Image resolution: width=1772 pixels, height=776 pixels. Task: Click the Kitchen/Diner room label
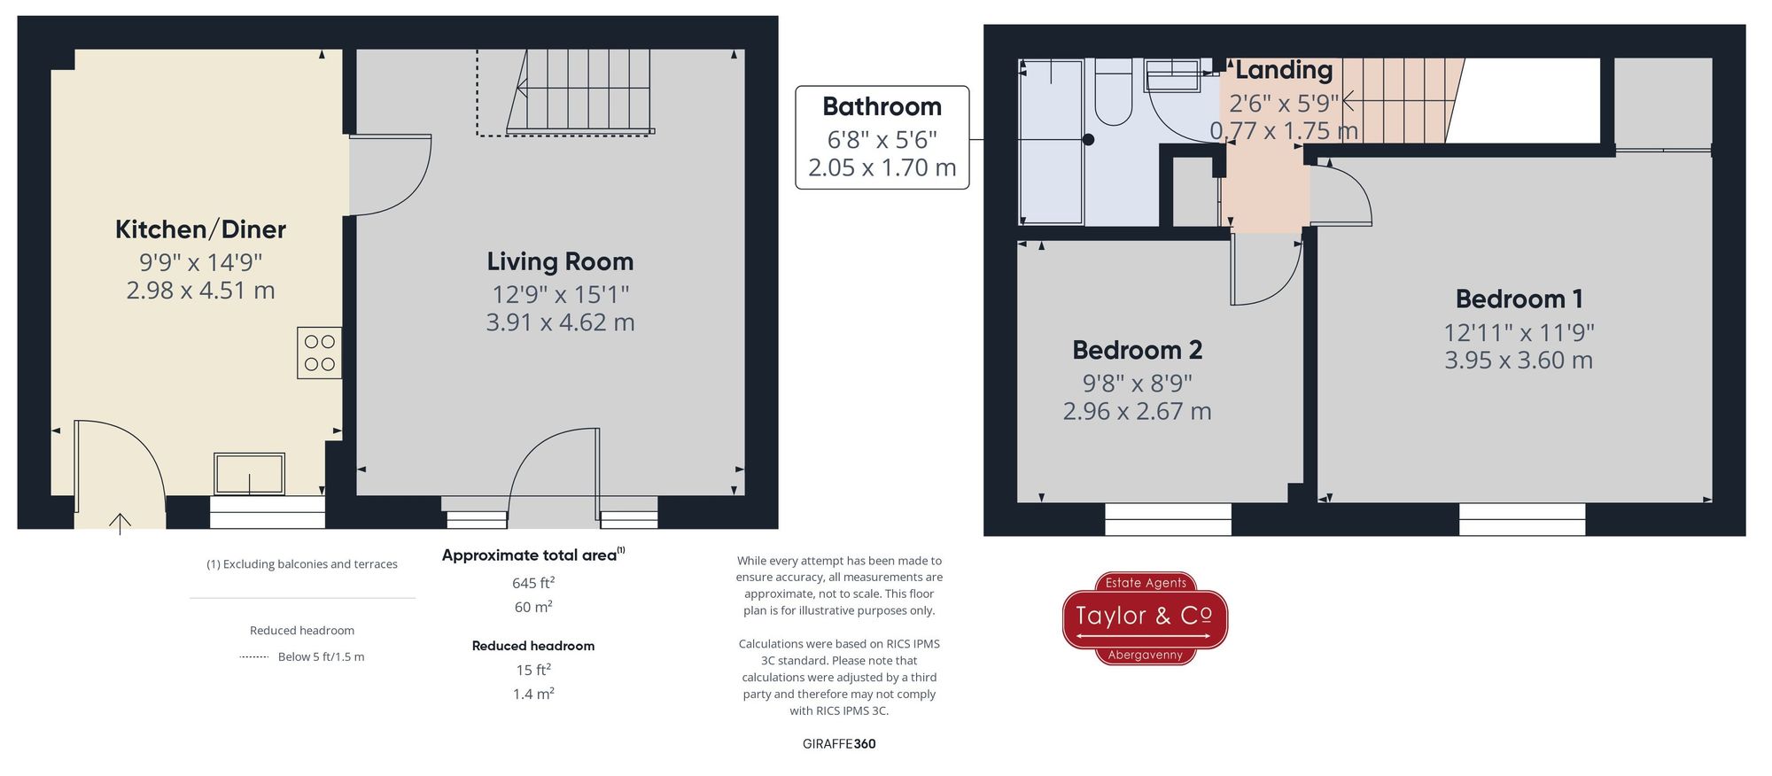(200, 229)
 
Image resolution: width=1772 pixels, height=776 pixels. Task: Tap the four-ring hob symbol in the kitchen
(319, 353)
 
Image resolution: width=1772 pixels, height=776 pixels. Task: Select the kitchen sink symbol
(249, 473)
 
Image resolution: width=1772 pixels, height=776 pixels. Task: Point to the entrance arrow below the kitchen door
(120, 523)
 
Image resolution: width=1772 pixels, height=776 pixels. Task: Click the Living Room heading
(560, 261)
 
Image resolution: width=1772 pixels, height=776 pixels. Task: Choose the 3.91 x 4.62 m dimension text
(560, 322)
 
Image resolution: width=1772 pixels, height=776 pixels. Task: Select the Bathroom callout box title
(882, 106)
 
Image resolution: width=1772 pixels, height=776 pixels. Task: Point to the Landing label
(1284, 70)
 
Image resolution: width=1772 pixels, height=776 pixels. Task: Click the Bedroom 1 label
(1519, 299)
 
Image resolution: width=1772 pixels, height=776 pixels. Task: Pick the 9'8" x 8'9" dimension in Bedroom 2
(1137, 384)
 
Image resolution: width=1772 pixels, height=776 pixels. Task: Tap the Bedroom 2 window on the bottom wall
(1168, 519)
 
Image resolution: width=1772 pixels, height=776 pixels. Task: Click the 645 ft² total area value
(532, 583)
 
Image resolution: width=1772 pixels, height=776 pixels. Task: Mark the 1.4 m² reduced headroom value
(532, 694)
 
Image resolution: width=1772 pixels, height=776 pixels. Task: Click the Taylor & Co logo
(1145, 617)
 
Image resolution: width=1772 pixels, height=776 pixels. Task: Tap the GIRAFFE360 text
(839, 744)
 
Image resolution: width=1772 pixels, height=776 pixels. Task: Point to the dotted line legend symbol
(253, 657)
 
